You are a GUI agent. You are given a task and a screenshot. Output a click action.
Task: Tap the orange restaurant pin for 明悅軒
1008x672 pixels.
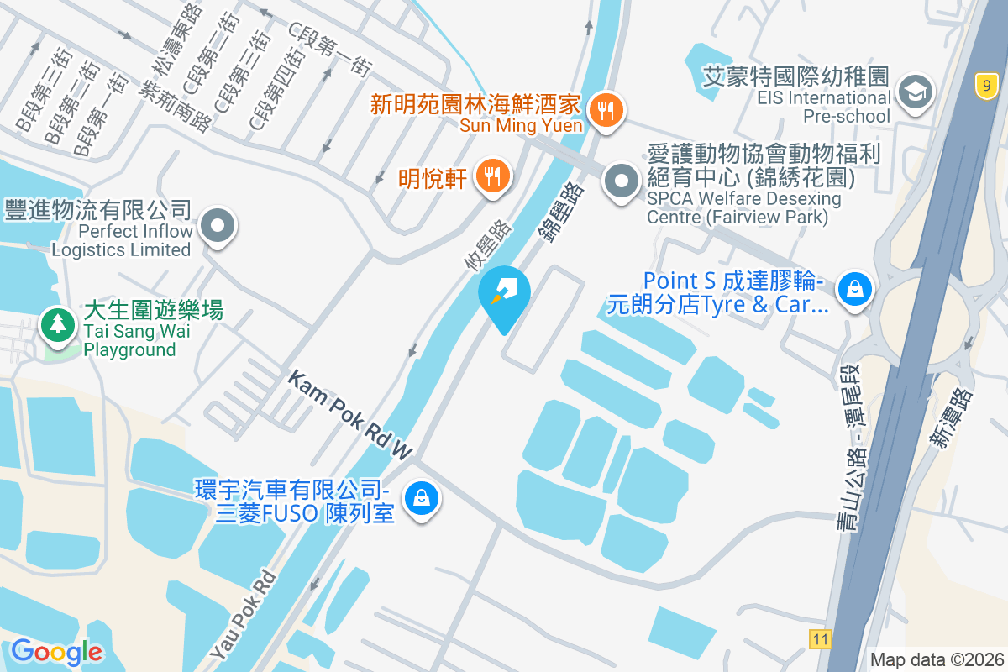(491, 176)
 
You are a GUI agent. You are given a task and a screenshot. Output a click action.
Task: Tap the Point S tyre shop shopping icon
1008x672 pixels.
(854, 290)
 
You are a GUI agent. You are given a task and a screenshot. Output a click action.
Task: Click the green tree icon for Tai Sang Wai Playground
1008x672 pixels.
(58, 324)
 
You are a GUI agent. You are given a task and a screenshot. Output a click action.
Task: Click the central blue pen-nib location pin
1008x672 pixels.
(504, 295)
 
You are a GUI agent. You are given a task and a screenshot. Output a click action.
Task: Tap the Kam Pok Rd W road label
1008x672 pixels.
(350, 417)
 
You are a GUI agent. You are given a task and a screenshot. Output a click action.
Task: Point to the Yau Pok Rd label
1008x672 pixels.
(244, 614)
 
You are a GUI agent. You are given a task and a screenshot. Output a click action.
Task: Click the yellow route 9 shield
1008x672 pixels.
(986, 84)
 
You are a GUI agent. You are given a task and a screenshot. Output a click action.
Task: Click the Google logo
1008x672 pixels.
(56, 651)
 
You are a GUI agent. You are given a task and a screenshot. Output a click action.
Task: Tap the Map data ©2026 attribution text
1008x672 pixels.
(936, 659)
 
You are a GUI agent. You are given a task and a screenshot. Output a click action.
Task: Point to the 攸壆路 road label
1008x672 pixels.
(487, 244)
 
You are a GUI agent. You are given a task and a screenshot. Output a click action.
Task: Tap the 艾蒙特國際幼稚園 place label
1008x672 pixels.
(795, 77)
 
